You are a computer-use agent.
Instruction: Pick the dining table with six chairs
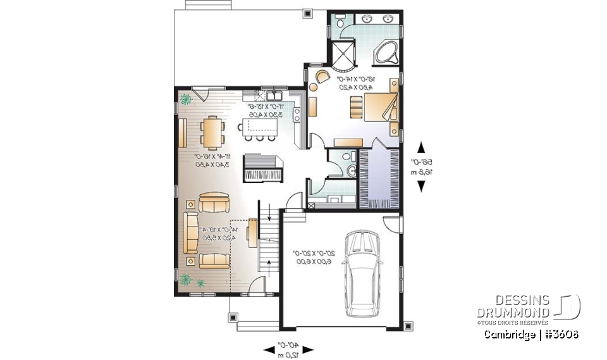(212, 132)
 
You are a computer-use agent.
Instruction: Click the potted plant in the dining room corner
(185, 99)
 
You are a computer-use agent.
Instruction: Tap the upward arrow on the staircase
(269, 264)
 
